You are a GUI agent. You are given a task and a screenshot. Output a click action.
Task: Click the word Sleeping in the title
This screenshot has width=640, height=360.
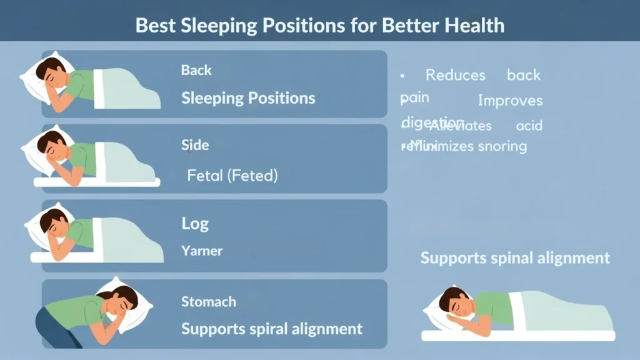point(209,26)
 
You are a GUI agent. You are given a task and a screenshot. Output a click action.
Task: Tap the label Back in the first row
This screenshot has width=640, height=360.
point(196,70)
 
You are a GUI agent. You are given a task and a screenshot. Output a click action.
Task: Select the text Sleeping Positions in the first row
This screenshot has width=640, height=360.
point(248,98)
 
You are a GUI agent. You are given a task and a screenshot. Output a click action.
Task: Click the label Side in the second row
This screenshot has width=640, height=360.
point(195,145)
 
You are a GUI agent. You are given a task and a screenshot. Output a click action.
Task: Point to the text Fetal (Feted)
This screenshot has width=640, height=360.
point(232,176)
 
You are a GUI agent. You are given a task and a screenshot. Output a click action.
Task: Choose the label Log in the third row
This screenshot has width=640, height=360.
point(195,224)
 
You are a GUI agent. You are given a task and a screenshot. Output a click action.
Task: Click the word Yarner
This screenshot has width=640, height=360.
point(202,251)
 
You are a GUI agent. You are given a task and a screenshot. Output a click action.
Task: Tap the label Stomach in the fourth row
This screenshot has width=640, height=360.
point(209,302)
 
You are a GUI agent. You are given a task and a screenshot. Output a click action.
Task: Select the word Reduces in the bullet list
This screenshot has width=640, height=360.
point(456,75)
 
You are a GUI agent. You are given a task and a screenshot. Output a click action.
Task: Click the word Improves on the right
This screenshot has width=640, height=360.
point(510,101)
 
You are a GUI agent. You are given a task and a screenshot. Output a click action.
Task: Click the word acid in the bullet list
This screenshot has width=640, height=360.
point(529,126)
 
